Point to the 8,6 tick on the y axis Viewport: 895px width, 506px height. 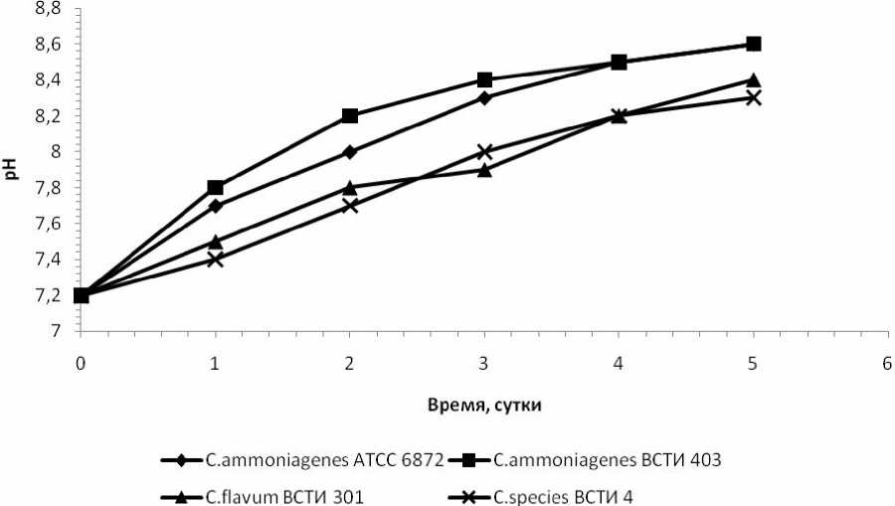click(x=48, y=45)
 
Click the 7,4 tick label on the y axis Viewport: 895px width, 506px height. click(x=48, y=259)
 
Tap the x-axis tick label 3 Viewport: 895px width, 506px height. click(x=484, y=364)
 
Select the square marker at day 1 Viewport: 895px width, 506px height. click(x=215, y=188)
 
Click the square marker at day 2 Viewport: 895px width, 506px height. click(x=350, y=116)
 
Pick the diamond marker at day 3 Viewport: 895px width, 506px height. click(x=484, y=97)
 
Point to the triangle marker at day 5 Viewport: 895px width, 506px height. click(x=753, y=81)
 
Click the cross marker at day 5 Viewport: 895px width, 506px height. click(x=753, y=97)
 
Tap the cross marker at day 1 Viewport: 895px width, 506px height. click(x=215, y=258)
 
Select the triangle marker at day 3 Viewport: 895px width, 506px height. click(x=484, y=169)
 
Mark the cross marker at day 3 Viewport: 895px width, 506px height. click(x=484, y=152)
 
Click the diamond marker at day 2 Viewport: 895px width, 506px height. click(x=350, y=152)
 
